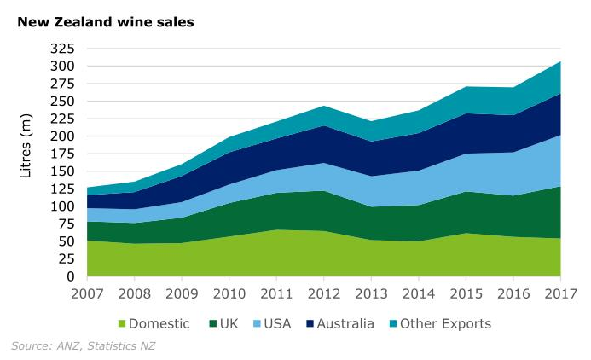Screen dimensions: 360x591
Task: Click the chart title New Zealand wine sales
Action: coord(106,21)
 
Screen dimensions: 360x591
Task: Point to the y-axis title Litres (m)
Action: coord(26,149)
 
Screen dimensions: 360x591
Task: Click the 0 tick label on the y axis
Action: coord(72,276)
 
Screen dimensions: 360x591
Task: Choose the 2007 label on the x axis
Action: coord(88,294)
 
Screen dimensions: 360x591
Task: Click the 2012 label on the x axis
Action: coord(323,294)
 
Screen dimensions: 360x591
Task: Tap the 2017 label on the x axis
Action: coord(559,294)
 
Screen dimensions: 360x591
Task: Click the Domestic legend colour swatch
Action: coord(121,324)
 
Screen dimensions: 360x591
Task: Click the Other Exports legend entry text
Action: coord(445,324)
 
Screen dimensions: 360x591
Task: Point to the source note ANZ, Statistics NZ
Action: coord(84,345)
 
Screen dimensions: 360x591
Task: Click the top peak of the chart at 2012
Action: coord(323,107)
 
